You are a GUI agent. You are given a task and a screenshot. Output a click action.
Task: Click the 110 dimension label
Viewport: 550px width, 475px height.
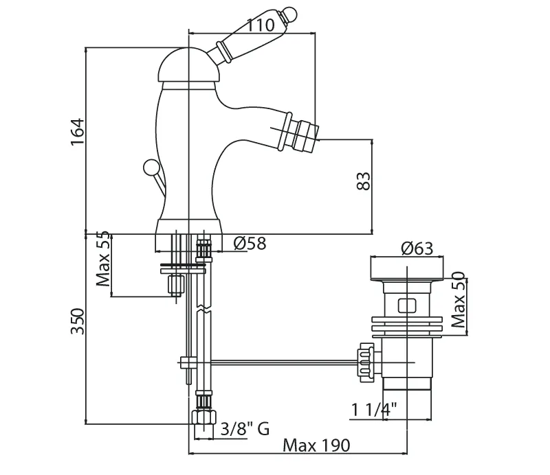261,25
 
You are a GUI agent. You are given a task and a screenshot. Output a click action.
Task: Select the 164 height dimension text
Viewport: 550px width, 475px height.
78,132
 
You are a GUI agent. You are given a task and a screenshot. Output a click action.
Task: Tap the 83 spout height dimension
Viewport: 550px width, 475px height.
364,181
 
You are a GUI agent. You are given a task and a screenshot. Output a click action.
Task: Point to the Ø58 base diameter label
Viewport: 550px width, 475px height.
250,243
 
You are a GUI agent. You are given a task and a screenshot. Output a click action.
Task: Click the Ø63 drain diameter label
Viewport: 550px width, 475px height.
417,248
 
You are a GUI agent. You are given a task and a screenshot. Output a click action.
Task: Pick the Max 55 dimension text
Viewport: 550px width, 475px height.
103,259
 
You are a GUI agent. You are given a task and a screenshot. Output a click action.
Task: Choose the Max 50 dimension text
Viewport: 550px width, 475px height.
458,299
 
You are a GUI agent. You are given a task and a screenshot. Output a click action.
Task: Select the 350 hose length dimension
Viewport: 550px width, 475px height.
78,321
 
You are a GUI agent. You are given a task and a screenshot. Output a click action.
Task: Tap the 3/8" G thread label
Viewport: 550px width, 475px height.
245,428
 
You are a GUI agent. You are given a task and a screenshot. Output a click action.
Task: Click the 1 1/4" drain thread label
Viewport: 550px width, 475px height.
374,409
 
